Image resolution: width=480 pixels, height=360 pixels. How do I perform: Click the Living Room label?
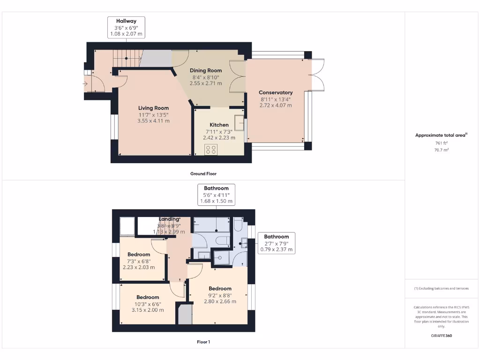tap(153, 108)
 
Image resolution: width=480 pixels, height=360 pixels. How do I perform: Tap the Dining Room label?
tap(206, 70)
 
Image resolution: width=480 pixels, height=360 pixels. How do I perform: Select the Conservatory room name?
tap(276, 92)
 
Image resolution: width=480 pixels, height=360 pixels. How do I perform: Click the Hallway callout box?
tap(126, 27)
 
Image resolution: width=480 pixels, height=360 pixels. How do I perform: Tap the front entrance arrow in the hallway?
tap(85, 84)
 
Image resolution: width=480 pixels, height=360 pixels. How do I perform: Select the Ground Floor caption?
tap(203, 173)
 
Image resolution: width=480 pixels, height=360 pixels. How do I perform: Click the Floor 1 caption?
tap(203, 342)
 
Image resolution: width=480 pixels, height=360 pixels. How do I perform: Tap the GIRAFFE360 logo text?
tap(441, 336)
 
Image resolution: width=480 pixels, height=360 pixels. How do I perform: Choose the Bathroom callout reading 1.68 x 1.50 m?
tap(216, 195)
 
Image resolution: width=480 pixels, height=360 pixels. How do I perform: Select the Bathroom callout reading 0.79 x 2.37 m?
tap(277, 243)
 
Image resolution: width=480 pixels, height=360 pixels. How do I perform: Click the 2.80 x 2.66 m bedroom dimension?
tap(220, 301)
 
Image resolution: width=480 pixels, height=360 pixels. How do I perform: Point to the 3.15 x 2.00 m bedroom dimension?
tap(148, 310)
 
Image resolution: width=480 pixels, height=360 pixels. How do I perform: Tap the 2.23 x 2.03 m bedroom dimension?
tap(139, 267)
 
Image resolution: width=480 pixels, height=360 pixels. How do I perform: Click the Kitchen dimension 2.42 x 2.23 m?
tap(219, 138)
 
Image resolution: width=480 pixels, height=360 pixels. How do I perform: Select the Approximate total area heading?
tap(441, 135)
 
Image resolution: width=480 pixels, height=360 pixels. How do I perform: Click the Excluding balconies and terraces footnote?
tap(441, 288)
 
